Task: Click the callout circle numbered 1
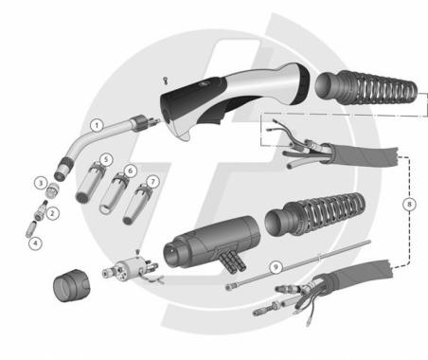click(x=96, y=124)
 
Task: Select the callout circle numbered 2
click(x=54, y=213)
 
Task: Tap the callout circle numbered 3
click(x=41, y=182)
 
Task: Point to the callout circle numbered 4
click(x=36, y=243)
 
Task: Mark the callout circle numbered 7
click(x=153, y=179)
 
